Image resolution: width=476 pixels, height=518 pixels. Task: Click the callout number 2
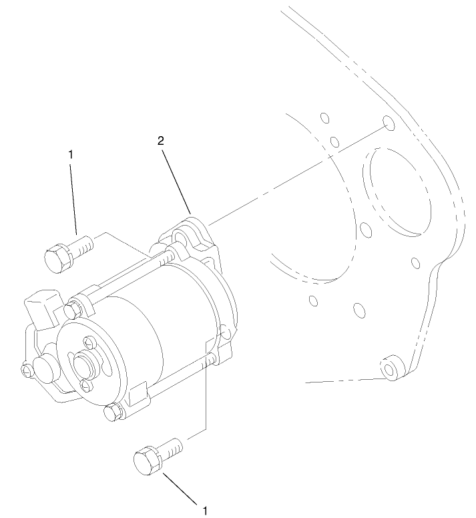click(161, 141)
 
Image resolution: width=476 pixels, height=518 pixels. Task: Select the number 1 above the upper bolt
click(71, 154)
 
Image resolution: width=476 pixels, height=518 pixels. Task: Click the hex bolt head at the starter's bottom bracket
click(113, 413)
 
